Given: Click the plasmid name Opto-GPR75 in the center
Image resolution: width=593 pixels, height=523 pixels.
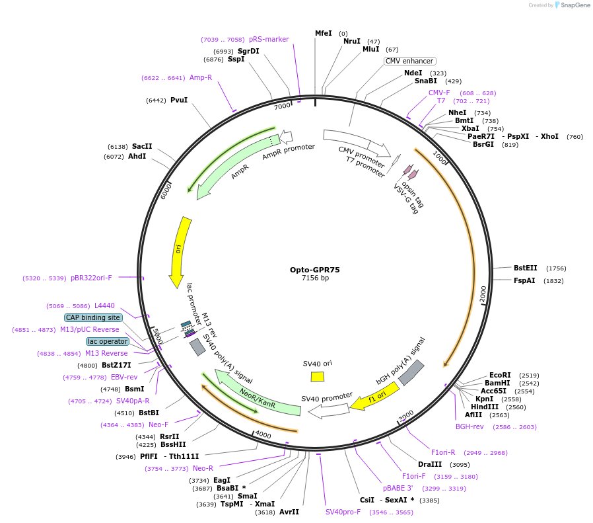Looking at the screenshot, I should click(x=315, y=269).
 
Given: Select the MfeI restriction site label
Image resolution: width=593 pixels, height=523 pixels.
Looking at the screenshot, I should click(x=323, y=33).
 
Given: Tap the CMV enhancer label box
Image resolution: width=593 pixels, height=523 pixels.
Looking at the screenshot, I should click(x=409, y=61).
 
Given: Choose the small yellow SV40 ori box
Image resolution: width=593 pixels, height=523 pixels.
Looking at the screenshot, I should click(x=318, y=376).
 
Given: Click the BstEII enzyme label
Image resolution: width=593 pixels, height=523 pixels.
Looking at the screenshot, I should click(x=526, y=268).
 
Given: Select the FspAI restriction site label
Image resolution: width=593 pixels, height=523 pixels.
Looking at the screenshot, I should click(x=524, y=280).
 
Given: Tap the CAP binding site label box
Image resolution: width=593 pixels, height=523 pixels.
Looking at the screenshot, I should click(x=93, y=317).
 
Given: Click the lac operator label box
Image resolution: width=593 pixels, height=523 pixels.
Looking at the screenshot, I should click(x=107, y=341).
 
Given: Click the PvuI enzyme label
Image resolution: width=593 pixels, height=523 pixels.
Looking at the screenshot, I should click(x=179, y=100).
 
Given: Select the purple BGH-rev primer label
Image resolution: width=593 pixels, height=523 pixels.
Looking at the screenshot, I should click(x=470, y=426).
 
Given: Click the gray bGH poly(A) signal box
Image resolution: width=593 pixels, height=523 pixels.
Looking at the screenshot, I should click(x=411, y=372).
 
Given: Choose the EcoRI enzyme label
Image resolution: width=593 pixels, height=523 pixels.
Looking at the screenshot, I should click(x=500, y=375).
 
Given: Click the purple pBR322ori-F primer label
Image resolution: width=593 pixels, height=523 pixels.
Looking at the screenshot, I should click(x=91, y=278).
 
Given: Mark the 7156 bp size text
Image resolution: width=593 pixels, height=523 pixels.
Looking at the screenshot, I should click(x=315, y=278).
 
